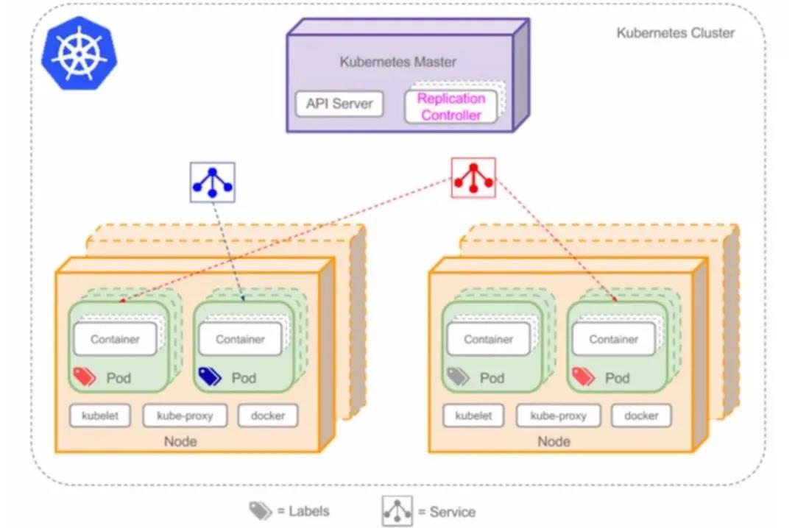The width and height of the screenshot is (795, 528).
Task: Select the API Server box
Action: point(339,104)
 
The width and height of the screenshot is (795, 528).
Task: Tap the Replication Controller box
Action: point(451,107)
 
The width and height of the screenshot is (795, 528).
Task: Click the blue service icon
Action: point(212,182)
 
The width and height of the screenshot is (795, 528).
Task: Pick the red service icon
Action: point(473,178)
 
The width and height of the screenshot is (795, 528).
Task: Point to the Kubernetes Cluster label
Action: point(675,33)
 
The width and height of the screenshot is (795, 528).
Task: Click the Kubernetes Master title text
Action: point(397,62)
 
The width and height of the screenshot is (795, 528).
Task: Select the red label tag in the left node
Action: point(84,377)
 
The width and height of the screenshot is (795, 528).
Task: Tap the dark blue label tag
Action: point(209,377)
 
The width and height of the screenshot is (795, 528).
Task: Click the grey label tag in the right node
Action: point(457,377)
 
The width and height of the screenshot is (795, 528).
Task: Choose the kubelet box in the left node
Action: point(100,415)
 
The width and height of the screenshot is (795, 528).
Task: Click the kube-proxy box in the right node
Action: point(558,415)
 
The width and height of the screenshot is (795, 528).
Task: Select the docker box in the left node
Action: point(267,415)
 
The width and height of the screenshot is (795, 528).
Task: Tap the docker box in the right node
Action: point(640,415)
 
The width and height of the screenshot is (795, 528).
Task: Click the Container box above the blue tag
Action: point(240,339)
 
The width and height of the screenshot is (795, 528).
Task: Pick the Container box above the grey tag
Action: point(488,339)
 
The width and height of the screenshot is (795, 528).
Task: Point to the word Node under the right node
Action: point(554,441)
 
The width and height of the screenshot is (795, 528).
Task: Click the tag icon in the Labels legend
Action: point(261,511)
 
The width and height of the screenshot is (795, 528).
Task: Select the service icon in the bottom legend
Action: point(397,511)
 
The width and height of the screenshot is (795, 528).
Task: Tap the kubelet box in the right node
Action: point(473,415)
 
